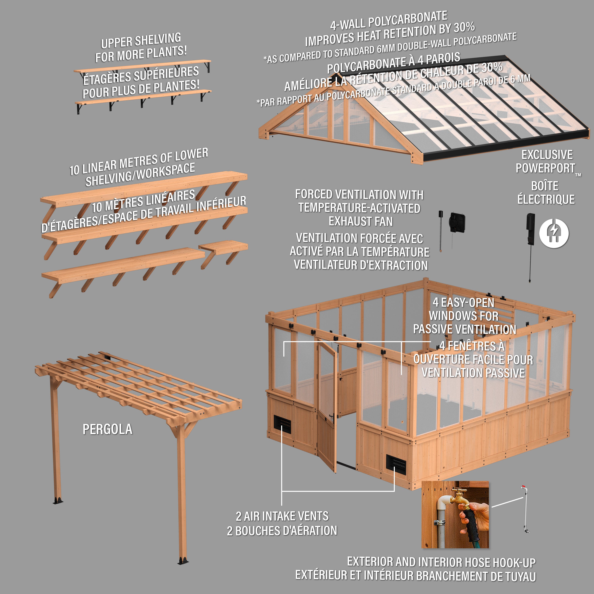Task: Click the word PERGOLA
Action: (107, 429)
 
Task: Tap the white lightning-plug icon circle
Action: (554, 233)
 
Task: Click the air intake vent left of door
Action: (282, 425)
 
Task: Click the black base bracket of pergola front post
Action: (183, 561)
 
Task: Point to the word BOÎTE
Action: (545, 186)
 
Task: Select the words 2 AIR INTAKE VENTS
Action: (282, 516)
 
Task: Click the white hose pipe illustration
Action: (525, 509)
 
